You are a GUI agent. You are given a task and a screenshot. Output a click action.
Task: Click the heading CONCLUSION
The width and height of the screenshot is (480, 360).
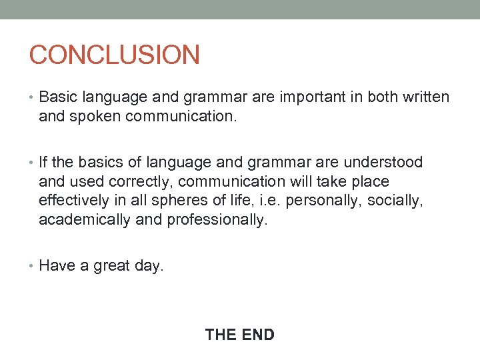[x=114, y=55]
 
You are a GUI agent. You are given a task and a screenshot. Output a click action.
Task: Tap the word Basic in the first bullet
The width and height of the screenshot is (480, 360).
[x=58, y=97]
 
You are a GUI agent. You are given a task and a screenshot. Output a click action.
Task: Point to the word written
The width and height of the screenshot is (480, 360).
[x=425, y=97]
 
